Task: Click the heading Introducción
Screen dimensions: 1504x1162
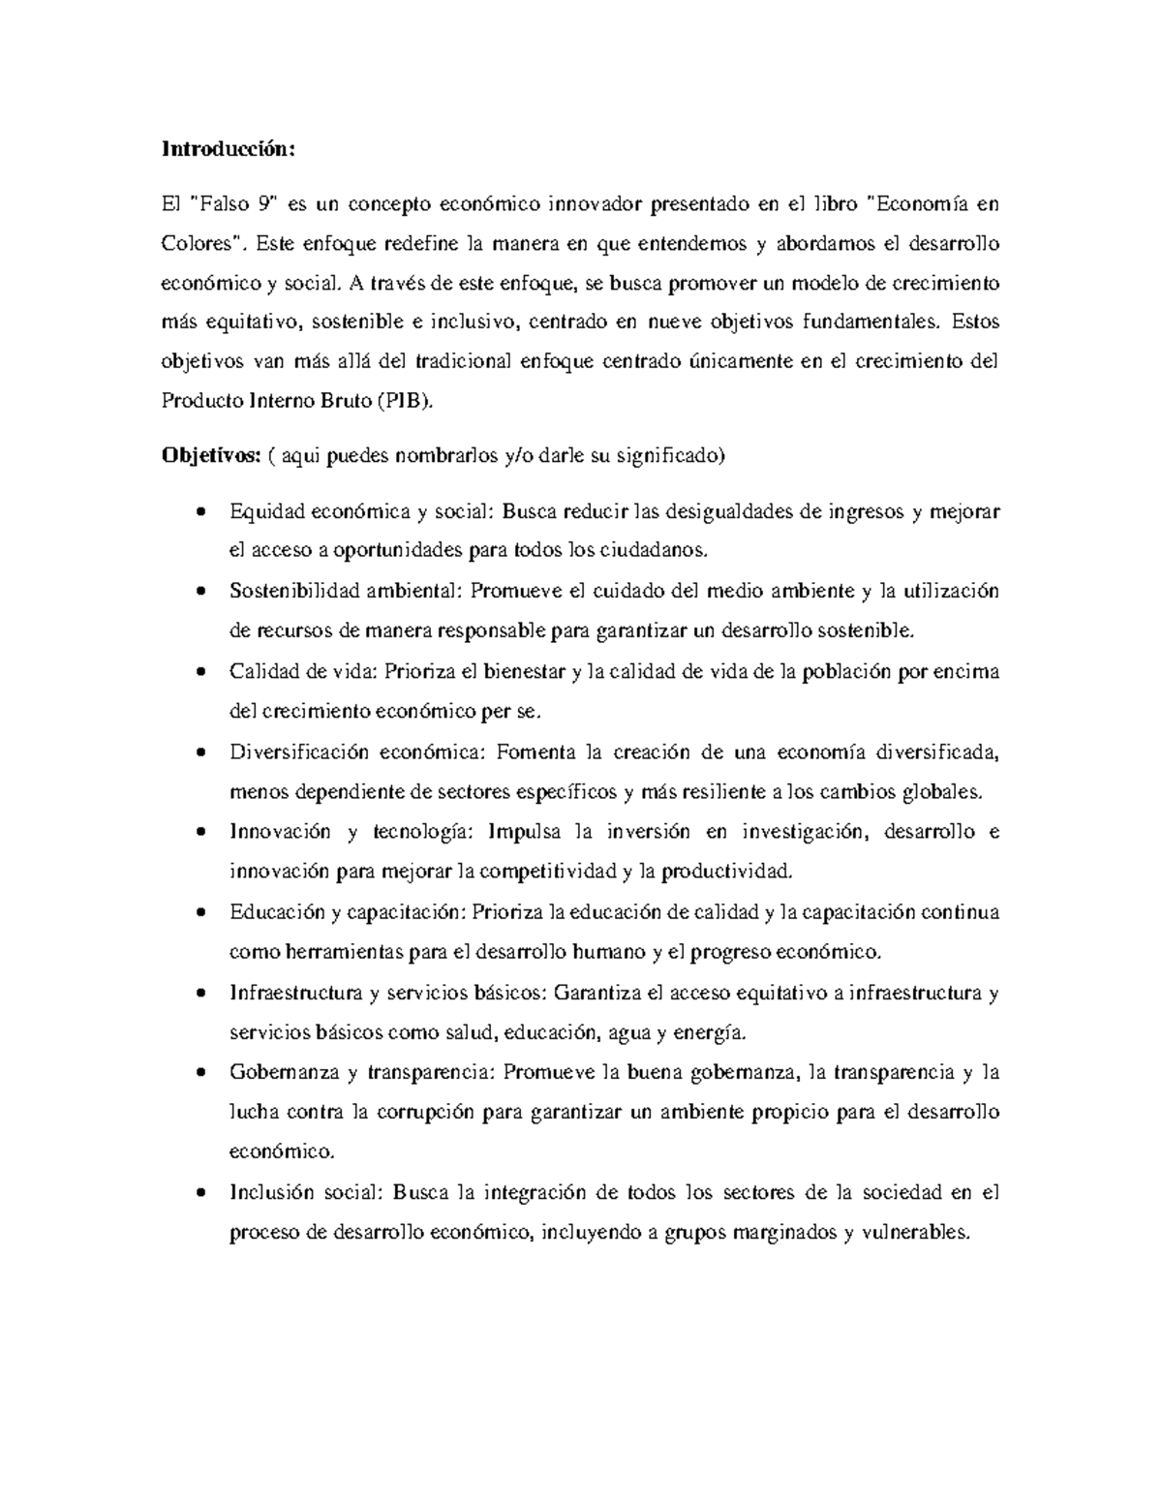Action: pos(226,150)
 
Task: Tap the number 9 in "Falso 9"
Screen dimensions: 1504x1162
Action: pos(263,204)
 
